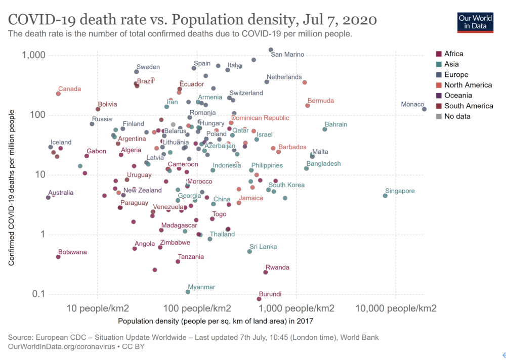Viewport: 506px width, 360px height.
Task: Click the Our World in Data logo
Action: coord(475,21)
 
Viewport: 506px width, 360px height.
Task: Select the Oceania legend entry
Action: coord(458,96)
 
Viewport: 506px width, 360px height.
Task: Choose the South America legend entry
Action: coord(469,106)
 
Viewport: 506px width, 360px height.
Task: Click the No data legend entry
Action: coord(457,116)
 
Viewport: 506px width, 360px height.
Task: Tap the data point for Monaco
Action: coord(425,109)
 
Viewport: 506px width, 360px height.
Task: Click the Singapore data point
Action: coord(385,196)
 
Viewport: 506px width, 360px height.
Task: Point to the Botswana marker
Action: coord(58,257)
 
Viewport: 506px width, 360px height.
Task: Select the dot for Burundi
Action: coord(259,299)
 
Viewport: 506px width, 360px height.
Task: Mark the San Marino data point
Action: coord(271,50)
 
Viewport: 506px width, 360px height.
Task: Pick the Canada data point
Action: coord(58,94)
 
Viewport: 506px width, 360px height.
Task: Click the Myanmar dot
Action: coord(188,292)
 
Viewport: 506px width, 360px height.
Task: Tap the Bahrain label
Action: coord(335,124)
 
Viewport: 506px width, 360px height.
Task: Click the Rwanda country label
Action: coord(277,267)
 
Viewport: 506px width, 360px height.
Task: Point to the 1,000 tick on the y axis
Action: coord(34,55)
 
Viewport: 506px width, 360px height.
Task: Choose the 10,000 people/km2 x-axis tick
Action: coord(396,308)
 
